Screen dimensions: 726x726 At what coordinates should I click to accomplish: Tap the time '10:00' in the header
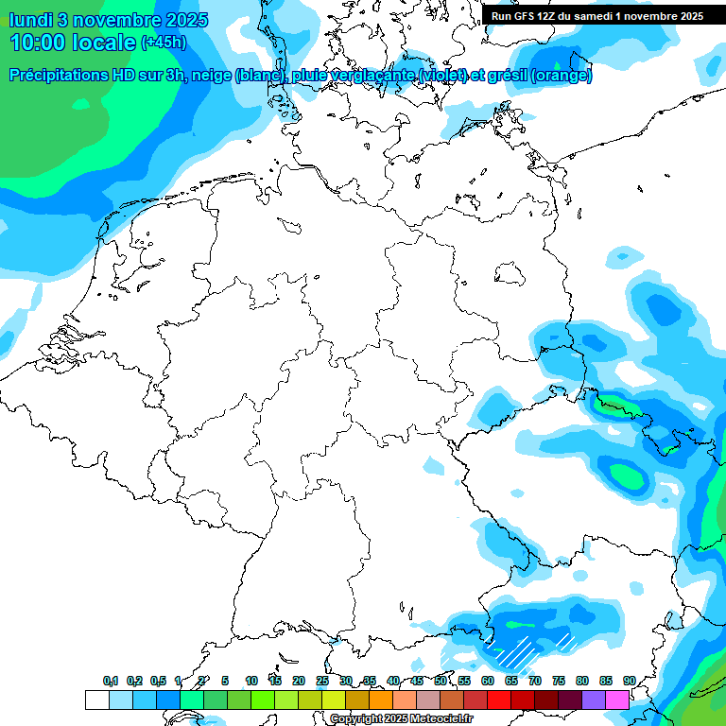(41, 42)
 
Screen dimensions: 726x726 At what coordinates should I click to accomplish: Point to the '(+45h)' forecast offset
(164, 43)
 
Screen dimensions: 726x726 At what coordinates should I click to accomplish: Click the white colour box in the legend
(96, 700)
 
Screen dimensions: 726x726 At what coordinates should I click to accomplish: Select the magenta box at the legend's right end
(617, 700)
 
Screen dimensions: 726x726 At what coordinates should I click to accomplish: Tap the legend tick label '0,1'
(111, 681)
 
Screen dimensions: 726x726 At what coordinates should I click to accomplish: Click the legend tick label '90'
(629, 681)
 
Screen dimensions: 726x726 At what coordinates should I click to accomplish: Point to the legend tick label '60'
(487, 681)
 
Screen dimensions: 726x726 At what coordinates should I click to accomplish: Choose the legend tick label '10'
(251, 681)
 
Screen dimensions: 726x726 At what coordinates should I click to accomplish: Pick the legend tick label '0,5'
(158, 681)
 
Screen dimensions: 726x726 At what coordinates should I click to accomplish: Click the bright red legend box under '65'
(499, 700)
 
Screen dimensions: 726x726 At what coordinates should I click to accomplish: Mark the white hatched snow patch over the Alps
(519, 650)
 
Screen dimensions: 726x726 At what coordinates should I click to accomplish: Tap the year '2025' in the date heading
(165, 19)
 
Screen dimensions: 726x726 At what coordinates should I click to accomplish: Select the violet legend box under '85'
(594, 700)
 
